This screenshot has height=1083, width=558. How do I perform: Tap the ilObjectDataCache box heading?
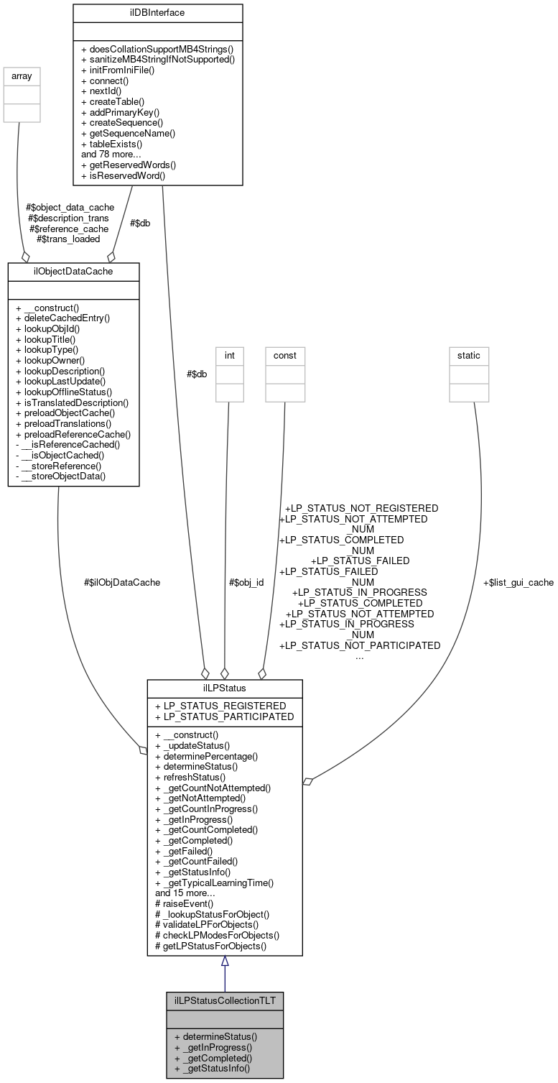click(x=73, y=272)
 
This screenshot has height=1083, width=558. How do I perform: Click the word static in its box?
click(x=469, y=354)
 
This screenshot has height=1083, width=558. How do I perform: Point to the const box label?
click(x=284, y=354)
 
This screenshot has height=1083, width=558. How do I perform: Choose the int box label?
click(x=230, y=354)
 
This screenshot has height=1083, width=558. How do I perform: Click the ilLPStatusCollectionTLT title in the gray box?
click(x=224, y=1000)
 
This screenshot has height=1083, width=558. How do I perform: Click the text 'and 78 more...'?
click(x=112, y=153)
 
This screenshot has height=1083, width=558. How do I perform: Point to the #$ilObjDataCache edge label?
click(x=122, y=582)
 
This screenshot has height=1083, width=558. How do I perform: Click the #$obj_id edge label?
click(x=246, y=582)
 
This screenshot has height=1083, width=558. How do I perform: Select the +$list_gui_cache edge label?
click(x=518, y=582)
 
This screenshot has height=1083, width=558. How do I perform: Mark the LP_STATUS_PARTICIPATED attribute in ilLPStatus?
click(x=224, y=716)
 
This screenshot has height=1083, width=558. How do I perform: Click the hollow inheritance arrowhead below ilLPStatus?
click(x=225, y=962)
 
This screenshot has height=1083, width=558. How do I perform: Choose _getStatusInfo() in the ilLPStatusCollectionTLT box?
click(x=211, y=1069)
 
